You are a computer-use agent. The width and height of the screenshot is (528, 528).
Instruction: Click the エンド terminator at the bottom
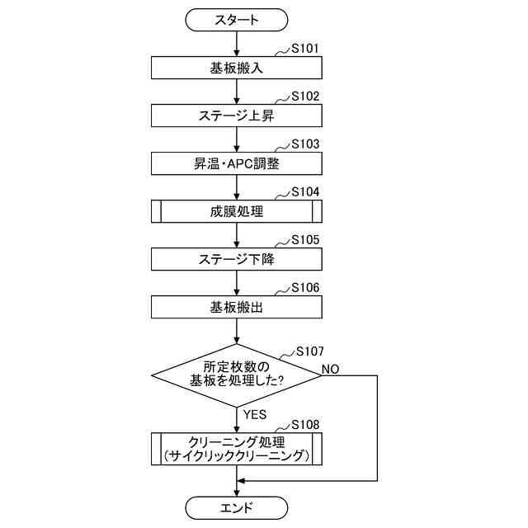[237, 507]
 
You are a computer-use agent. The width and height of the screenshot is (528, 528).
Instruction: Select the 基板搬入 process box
[237, 67]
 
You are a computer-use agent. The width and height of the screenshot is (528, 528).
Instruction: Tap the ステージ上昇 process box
[237, 115]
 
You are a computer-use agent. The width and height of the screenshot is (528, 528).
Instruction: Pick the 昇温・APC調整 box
[237, 163]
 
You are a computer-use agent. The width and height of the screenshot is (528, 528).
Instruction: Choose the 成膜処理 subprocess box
[237, 211]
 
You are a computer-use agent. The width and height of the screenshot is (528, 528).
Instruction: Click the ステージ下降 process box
[237, 259]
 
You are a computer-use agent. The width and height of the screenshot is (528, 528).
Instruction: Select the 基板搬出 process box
[237, 307]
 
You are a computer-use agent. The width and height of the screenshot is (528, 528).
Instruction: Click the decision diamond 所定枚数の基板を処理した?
[237, 374]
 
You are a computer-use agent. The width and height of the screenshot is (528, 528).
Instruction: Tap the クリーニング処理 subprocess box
[237, 448]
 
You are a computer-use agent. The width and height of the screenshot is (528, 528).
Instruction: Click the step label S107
[309, 351]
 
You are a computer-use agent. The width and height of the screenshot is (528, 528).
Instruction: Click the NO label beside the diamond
[330, 367]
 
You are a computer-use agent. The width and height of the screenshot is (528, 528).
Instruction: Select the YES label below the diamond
[255, 413]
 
